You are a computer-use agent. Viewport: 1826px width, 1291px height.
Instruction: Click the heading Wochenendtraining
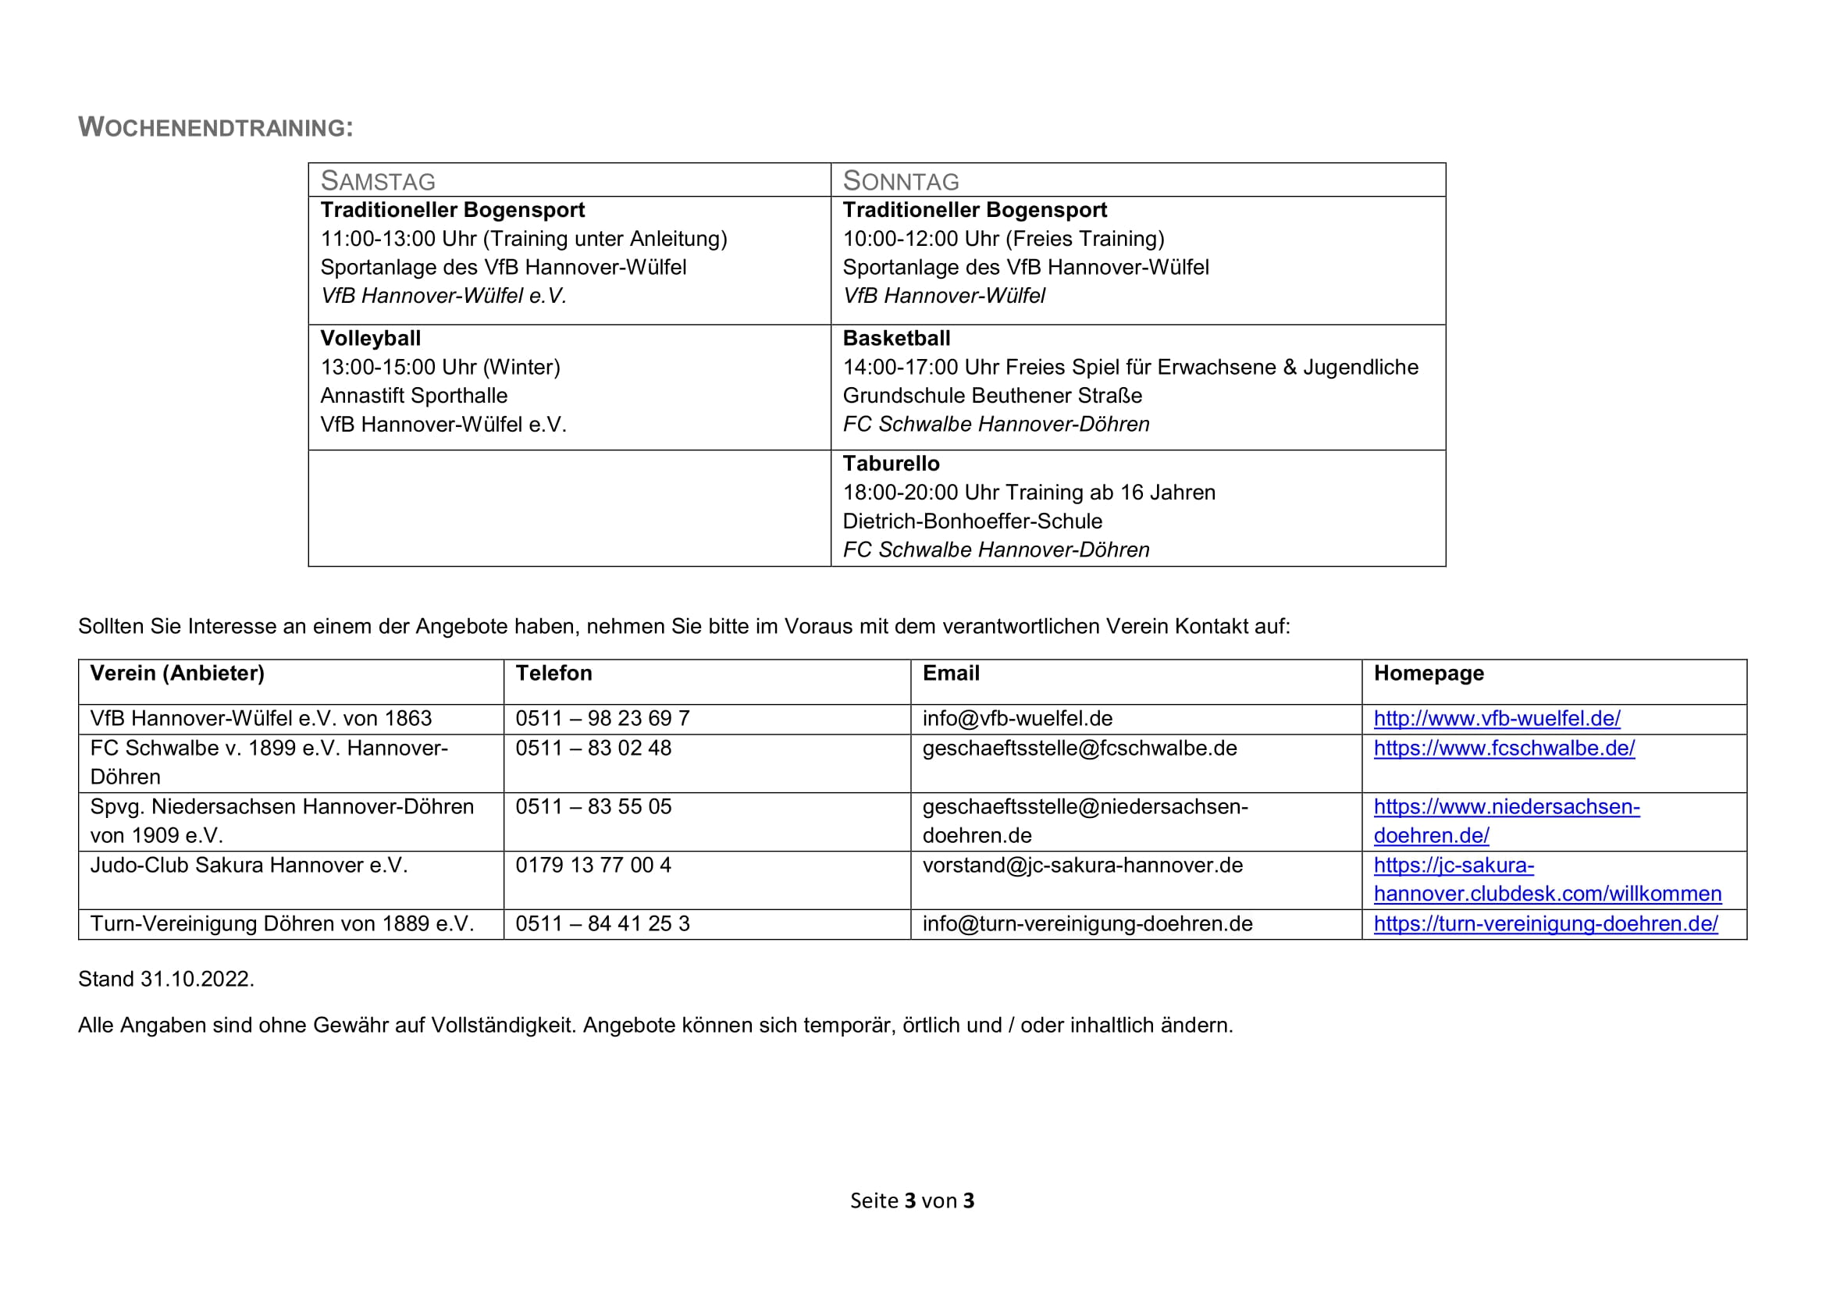pos(215,127)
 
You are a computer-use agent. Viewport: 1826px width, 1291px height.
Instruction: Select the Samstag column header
pos(378,181)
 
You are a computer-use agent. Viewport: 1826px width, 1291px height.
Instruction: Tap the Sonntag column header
pos(900,181)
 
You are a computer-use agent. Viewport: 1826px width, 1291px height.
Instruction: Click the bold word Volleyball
pos(371,339)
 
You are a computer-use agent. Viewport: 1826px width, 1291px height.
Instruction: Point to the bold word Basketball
pos(896,339)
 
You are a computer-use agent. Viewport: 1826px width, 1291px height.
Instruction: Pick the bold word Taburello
pos(891,464)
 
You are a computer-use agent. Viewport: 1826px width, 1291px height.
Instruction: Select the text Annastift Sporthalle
pos(414,396)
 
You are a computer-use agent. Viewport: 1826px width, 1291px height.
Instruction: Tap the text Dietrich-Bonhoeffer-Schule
pos(972,521)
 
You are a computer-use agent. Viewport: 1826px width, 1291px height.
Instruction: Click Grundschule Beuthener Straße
pos(991,396)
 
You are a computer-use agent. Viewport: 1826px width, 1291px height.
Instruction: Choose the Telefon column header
pos(553,674)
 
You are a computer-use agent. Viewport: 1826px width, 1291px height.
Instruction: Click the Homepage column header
pos(1429,674)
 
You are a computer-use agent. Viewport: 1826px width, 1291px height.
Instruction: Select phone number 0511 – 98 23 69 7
pos(602,719)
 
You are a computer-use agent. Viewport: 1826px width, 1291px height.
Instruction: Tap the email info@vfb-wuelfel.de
pos(1017,719)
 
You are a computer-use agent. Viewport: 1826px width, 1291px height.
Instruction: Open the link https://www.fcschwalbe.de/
pos(1504,748)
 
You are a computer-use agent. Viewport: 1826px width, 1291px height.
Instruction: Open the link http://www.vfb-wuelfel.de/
pos(1497,719)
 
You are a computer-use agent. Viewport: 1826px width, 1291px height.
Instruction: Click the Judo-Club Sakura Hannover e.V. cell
pos(248,865)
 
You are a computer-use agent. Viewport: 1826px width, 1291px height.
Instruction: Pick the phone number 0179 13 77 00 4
pos(593,865)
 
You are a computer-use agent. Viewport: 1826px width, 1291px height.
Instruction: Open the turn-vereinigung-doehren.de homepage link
pos(1545,923)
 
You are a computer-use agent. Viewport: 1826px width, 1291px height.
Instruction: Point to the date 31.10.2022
pos(197,979)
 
